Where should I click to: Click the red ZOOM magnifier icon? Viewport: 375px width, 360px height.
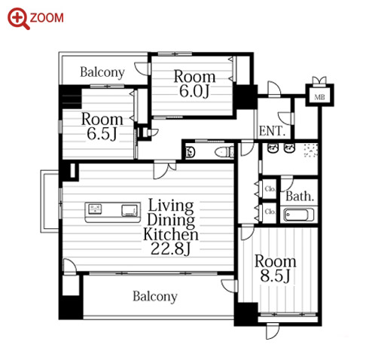pos(19,19)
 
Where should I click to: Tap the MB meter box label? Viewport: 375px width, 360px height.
pos(319,97)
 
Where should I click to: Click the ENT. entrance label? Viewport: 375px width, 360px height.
pos(272,130)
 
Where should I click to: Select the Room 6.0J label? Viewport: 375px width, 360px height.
pos(194,84)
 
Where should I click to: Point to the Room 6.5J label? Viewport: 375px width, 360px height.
pos(102,126)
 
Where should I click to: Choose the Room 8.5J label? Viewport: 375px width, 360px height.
pos(276,268)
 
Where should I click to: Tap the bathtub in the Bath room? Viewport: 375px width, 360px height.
pos(298,215)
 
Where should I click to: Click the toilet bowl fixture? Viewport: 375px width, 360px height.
pos(223,152)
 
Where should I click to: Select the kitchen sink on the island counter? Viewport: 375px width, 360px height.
pos(95,209)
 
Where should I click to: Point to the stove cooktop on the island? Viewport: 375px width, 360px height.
pos(130,210)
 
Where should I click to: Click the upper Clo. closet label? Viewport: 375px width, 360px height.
pos(270,188)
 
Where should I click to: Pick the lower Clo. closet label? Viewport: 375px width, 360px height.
pos(270,212)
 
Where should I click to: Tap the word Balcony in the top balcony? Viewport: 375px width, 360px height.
pos(102,72)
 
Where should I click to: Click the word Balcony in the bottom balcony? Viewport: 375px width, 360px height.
pos(155,297)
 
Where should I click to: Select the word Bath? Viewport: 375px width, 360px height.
pos(300,196)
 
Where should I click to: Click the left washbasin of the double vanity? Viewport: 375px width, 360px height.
pos(272,148)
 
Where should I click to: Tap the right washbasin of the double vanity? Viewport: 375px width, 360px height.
pos(289,148)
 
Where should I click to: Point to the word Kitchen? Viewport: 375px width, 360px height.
pos(171,234)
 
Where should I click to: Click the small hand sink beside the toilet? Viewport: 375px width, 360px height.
pos(191,152)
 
